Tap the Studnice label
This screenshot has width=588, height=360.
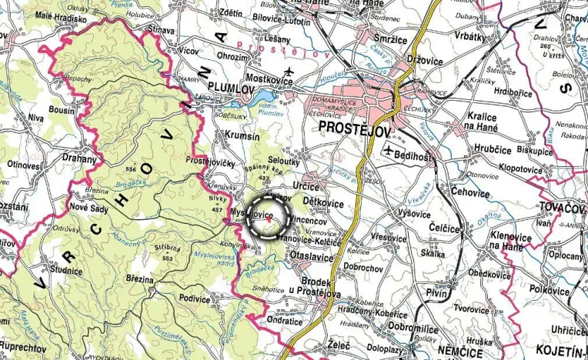65,271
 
